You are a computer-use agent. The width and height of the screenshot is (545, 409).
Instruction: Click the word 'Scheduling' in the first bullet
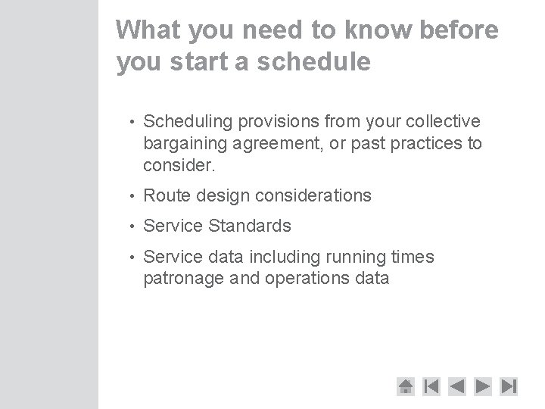pos(188,122)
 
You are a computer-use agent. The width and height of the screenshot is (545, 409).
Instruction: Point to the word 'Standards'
pos(251,226)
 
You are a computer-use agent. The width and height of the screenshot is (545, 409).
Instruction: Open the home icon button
pos(406,386)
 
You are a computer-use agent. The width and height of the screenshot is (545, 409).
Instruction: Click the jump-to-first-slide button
pos(431,386)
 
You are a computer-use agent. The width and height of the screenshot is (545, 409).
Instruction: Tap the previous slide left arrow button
pos(457,386)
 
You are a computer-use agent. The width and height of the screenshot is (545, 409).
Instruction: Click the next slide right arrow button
pos(483,386)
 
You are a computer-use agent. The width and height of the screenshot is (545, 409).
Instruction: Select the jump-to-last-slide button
pos(509,386)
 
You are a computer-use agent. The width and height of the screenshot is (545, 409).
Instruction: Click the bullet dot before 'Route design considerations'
pos(132,196)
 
